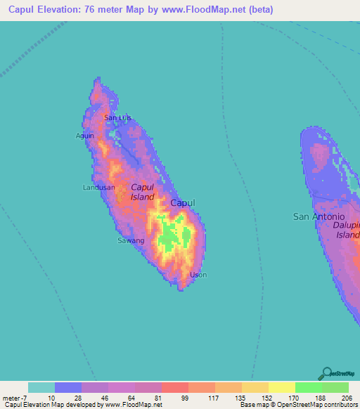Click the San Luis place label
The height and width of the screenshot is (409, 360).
(118, 117)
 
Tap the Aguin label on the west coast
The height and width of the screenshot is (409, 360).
(85, 136)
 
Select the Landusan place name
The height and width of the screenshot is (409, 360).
(98, 188)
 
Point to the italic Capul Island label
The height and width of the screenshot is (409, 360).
(142, 192)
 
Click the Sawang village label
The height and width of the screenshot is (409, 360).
(130, 240)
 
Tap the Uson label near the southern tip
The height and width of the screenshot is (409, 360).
(198, 275)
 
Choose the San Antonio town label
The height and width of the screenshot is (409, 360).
(319, 217)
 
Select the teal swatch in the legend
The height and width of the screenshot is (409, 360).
(41, 387)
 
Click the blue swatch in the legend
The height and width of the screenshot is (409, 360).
(68, 387)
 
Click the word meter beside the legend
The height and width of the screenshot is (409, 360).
(12, 398)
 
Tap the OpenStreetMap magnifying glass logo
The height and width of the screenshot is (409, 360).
(326, 373)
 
